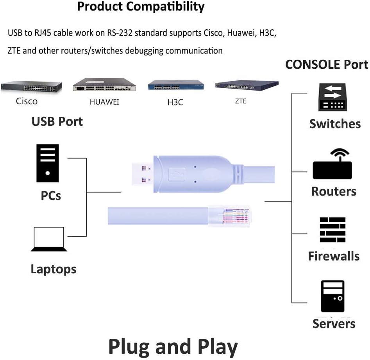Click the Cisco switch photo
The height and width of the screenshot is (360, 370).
[31, 87]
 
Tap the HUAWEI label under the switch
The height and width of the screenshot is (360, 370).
[104, 102]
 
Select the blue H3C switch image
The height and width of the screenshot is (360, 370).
[176, 85]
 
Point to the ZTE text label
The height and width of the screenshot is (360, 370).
[240, 101]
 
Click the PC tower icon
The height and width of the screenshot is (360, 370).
[47, 163]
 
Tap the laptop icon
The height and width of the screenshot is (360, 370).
[49, 239]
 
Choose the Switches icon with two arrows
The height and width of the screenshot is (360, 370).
[332, 97]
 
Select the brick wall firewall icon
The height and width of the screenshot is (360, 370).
[332, 230]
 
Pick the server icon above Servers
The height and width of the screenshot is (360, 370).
[332, 296]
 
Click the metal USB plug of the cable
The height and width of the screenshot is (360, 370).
[143, 174]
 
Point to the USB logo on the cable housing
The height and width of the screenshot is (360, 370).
[177, 174]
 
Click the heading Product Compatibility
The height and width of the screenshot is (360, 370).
[141, 7]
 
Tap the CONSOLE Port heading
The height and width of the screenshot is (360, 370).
[327, 64]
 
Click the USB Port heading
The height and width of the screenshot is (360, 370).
[57, 122]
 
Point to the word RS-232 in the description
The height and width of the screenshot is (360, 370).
[120, 33]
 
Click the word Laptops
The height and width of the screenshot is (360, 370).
[54, 269]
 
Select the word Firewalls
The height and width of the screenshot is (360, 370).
[334, 256]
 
